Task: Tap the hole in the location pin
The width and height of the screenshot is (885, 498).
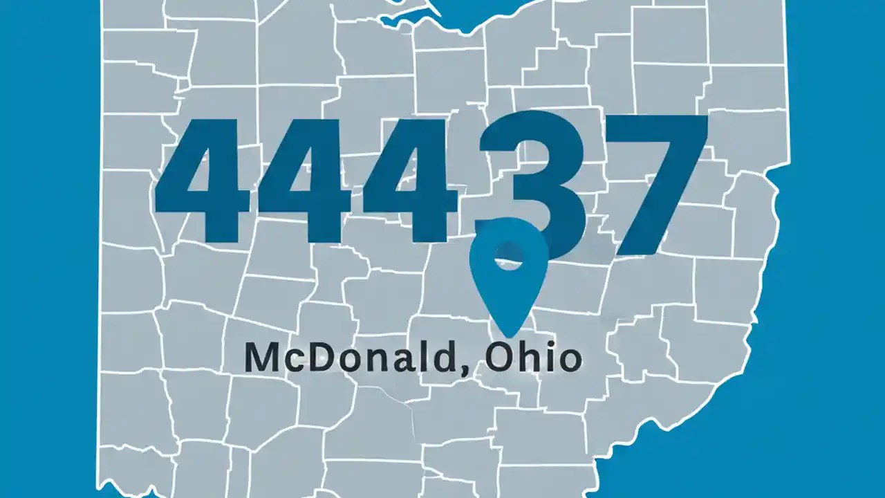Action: click(507, 257)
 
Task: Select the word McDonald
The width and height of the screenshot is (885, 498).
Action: click(350, 358)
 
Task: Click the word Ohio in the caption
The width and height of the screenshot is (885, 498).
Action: click(532, 358)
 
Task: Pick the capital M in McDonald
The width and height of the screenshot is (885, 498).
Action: click(262, 358)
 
